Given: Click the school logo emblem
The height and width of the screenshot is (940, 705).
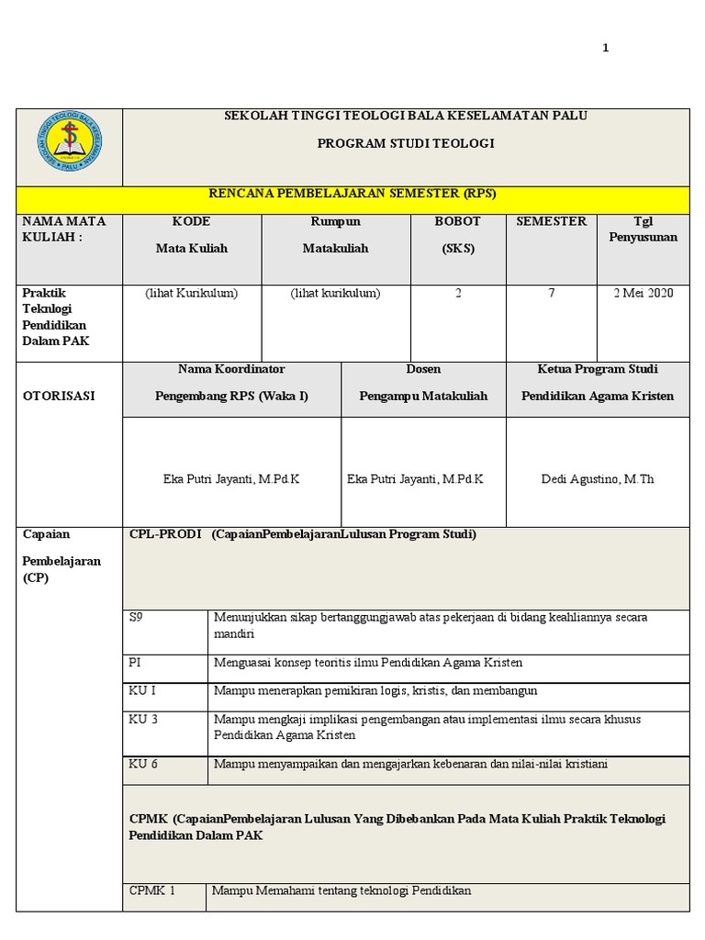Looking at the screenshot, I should (70, 140).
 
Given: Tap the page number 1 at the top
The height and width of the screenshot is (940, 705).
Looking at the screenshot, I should (605, 49).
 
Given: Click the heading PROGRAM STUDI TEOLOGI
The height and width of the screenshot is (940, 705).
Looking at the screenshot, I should (406, 144).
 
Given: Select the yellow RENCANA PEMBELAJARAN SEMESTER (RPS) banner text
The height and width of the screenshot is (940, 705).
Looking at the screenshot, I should (352, 194).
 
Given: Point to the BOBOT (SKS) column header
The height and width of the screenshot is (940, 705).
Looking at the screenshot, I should (458, 235).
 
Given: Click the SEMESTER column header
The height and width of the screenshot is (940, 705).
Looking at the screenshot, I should (551, 222).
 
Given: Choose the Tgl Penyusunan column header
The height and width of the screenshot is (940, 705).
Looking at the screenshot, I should (643, 229).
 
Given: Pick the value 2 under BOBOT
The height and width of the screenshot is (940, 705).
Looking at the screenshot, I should (458, 294).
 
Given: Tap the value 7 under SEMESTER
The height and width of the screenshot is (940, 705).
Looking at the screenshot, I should (551, 294).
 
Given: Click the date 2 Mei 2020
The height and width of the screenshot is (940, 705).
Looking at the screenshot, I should (643, 294).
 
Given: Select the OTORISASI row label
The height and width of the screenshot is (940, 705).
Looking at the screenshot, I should (58, 397).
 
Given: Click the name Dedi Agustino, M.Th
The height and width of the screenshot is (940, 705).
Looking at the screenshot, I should (598, 479).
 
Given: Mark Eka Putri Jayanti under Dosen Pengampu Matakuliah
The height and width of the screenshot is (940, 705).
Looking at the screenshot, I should (415, 479).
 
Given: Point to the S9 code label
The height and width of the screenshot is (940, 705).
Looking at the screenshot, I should (137, 618).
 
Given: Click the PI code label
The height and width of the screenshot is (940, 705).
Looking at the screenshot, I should (135, 663).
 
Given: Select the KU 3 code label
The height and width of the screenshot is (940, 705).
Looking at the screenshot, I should (143, 720).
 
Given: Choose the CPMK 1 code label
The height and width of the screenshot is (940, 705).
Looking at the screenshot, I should (151, 890).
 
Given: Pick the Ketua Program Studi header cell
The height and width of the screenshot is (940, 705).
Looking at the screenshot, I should (598, 382).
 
